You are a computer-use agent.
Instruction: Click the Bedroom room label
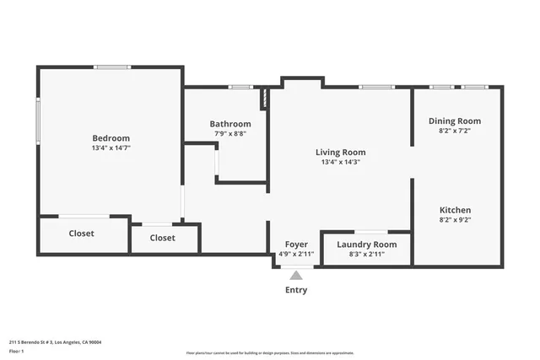tap(111, 138)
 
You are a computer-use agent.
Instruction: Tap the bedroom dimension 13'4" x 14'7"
tap(111, 148)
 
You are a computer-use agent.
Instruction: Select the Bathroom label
tap(230, 124)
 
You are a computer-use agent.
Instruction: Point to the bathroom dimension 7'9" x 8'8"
tap(230, 133)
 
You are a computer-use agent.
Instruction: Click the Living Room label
tap(340, 153)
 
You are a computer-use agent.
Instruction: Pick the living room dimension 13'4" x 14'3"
tap(340, 162)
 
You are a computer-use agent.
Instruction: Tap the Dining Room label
tap(454, 121)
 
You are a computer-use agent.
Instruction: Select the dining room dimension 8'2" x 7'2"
tap(454, 131)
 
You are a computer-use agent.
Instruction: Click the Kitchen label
tap(455, 210)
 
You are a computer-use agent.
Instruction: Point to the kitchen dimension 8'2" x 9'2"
tap(455, 219)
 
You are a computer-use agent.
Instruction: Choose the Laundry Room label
tap(366, 244)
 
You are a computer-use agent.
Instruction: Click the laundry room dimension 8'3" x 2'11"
tap(366, 254)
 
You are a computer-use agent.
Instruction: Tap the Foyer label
tap(295, 244)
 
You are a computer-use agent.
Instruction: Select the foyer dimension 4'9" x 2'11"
tap(295, 254)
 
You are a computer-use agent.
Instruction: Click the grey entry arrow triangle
tap(295, 275)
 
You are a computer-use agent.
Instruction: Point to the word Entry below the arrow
tap(295, 290)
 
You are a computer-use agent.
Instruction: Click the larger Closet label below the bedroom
tap(81, 234)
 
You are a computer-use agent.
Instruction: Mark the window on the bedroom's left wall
tap(37, 121)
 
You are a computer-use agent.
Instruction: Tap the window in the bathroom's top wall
tap(240, 87)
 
